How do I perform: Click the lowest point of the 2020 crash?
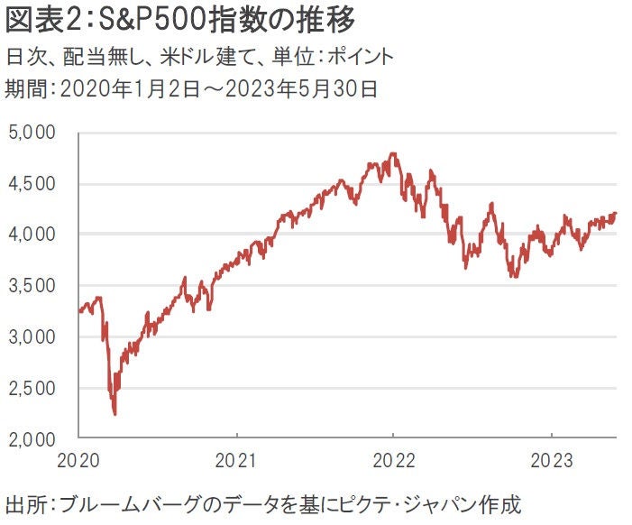tap(114, 415)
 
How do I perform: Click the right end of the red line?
tap(616, 214)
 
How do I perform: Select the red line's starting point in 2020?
tap(79, 312)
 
